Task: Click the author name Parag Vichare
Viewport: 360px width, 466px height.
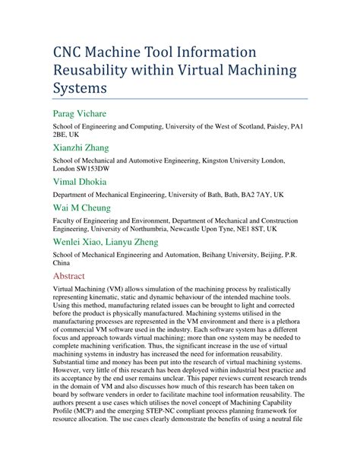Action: point(79,114)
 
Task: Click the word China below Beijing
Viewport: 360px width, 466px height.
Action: point(64,264)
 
